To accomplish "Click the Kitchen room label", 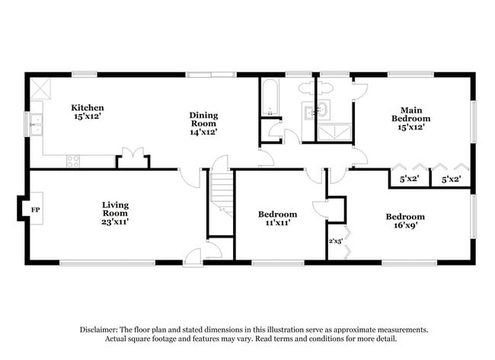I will (88, 107).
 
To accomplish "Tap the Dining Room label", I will (203, 119).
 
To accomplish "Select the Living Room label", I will (116, 209).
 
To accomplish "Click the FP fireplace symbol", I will (35, 208).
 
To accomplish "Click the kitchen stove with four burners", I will (74, 161).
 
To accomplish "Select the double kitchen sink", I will (35, 123).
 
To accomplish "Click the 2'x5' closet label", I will (335, 241).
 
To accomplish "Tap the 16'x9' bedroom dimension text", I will (404, 226).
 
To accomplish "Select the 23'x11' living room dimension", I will (116, 221).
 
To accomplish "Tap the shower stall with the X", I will (331, 132).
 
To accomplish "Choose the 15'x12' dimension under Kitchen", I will (88, 116).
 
